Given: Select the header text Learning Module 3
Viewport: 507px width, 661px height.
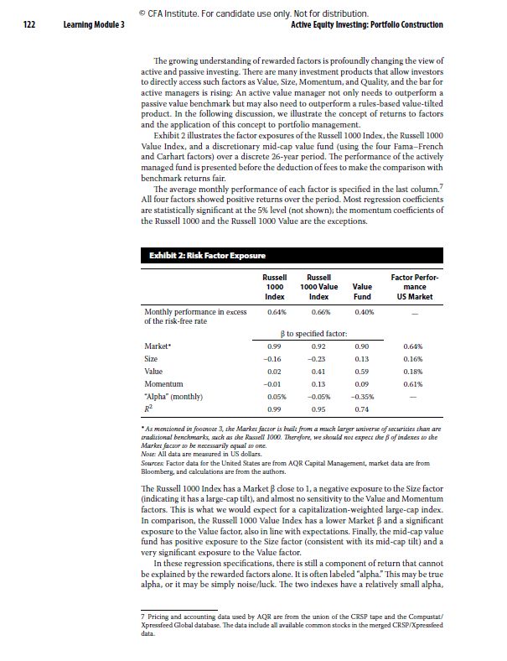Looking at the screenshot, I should [x=94, y=25].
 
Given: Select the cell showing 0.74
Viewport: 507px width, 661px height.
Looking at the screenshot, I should [x=361, y=409].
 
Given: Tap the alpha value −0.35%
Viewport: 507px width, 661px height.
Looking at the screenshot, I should [x=361, y=397].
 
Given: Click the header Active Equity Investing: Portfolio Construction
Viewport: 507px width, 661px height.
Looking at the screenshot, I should [x=366, y=25].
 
